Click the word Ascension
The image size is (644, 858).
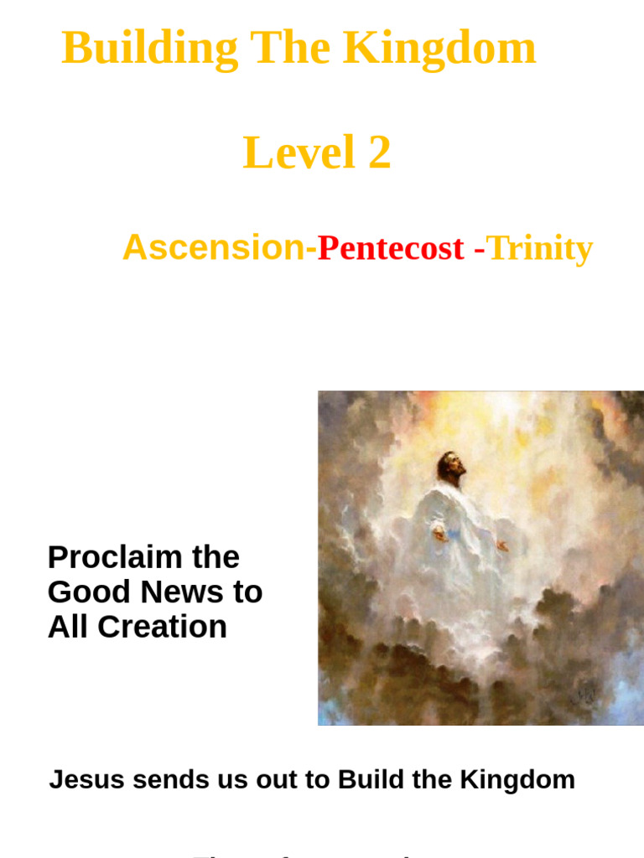[214, 248]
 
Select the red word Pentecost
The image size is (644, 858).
[390, 248]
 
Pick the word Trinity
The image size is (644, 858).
[539, 248]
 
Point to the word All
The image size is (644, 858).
[65, 627]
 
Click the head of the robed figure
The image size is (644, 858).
[451, 465]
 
